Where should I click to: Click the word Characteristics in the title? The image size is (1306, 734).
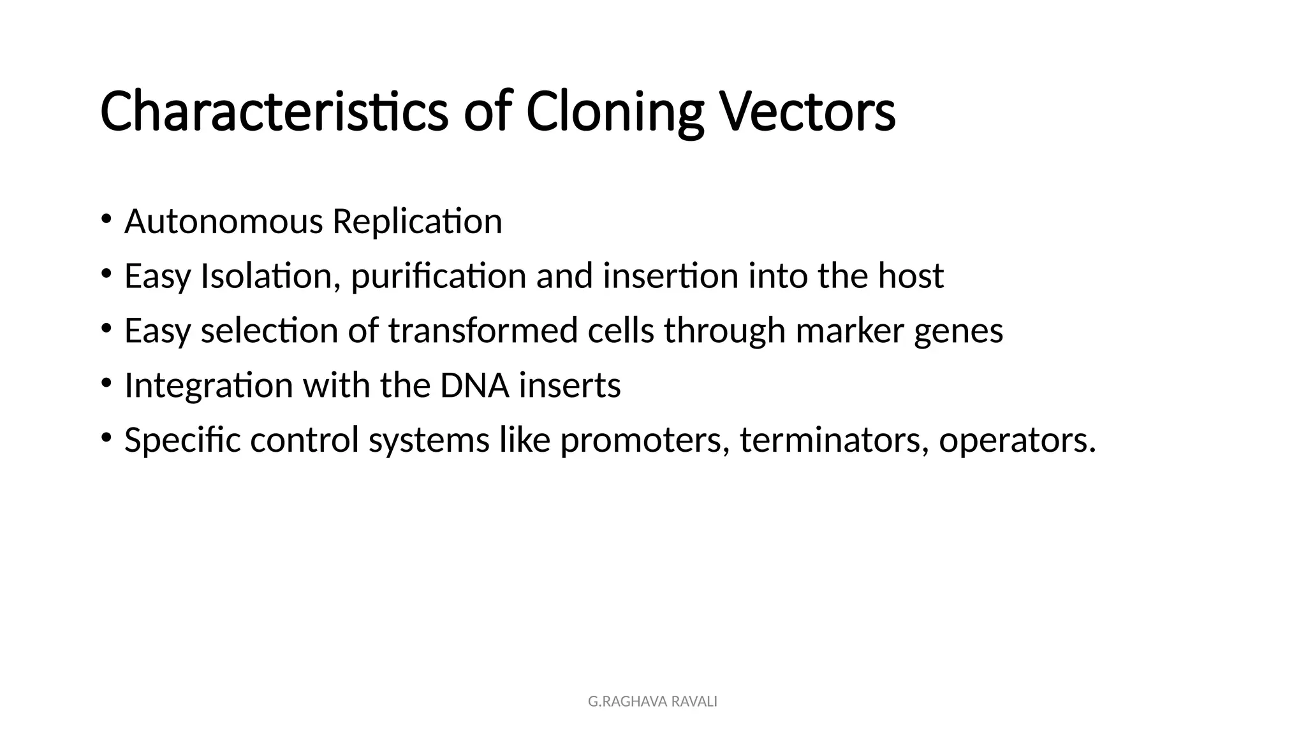(x=274, y=112)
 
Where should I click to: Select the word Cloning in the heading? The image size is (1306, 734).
(x=614, y=113)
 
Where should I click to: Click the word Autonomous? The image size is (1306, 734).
(x=224, y=222)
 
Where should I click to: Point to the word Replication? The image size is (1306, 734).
(x=417, y=222)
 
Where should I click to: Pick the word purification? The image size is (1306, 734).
(x=439, y=277)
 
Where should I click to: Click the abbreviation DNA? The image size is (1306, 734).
(x=474, y=385)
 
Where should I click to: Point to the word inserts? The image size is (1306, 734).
(x=569, y=385)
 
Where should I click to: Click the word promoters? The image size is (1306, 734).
(x=645, y=440)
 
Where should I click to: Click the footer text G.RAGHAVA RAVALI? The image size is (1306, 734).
(x=652, y=702)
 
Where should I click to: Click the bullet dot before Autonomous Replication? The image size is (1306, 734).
(x=106, y=219)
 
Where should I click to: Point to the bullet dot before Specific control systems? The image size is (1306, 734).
(x=106, y=437)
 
